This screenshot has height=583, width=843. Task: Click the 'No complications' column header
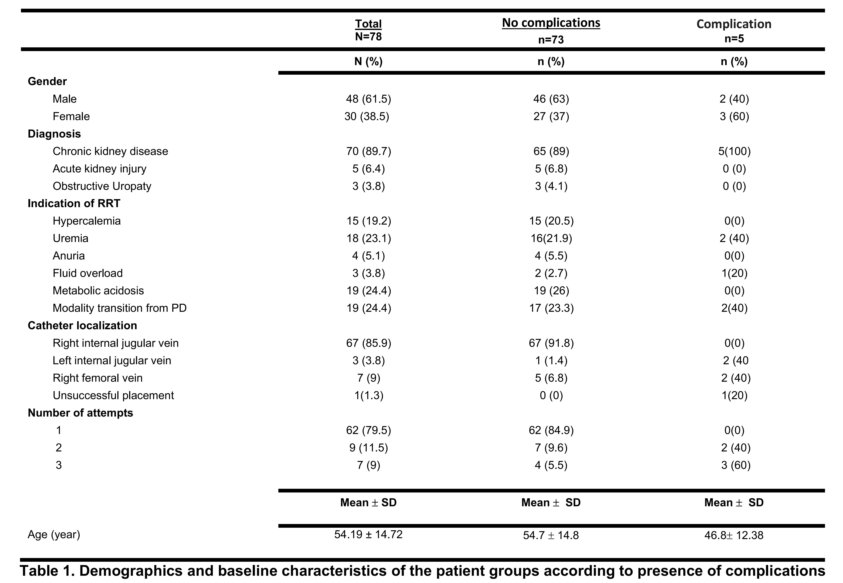point(551,23)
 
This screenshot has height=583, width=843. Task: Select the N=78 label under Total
point(368,36)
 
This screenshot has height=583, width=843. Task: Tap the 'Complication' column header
point(734,24)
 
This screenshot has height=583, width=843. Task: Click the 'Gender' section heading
point(47,81)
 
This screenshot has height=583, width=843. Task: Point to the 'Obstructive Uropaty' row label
point(102,186)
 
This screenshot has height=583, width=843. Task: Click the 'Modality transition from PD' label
point(119,308)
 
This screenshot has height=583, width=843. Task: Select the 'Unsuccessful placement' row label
point(113,395)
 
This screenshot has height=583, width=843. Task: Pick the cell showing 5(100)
point(734,151)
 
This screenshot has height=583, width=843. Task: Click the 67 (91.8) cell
point(551,343)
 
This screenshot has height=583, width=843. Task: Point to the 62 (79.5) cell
point(369,430)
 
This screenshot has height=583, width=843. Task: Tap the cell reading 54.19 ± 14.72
point(368,534)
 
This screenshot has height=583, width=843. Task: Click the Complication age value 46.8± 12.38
point(734,535)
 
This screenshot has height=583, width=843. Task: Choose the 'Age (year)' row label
point(54,534)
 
